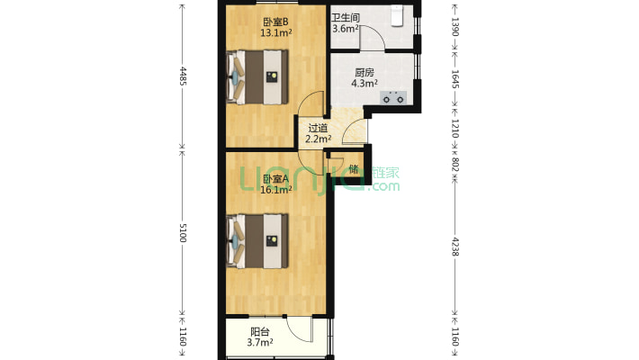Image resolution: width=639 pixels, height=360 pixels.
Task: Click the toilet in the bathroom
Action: pyautogui.click(x=397, y=16)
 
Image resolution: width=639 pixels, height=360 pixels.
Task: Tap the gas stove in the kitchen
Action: pyautogui.click(x=393, y=98)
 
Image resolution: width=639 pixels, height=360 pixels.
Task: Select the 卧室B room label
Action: pyautogui.click(x=276, y=22)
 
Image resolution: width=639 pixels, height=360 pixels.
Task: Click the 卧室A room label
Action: pyautogui.click(x=276, y=178)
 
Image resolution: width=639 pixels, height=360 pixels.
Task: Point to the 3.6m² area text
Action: pyautogui.click(x=346, y=29)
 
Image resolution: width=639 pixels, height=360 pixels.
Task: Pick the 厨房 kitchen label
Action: pyautogui.click(x=364, y=73)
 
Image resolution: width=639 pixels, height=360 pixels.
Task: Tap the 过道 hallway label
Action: pyautogui.click(x=318, y=128)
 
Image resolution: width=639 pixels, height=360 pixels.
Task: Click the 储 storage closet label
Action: pyautogui.click(x=354, y=169)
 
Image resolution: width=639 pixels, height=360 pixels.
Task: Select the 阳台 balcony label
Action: pyautogui.click(x=260, y=332)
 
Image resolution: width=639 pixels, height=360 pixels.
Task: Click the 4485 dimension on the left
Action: pyautogui.click(x=183, y=76)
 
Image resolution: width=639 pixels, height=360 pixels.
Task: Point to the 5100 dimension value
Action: pyautogui.click(x=183, y=233)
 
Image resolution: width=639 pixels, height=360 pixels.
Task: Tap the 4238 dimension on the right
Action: pyautogui.click(x=455, y=247)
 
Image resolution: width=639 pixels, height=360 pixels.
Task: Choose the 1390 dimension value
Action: pyautogui.click(x=455, y=27)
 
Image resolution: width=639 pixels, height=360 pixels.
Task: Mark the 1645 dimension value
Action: pyautogui.click(x=455, y=79)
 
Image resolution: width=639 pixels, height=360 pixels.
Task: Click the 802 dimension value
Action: pyautogui.click(x=455, y=164)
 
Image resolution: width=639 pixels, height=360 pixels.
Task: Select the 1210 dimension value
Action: pyautogui.click(x=455, y=129)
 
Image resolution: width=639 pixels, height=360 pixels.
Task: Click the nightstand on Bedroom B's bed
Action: pyautogui.click(x=272, y=77)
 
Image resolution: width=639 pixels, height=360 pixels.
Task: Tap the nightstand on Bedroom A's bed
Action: pyautogui.click(x=272, y=241)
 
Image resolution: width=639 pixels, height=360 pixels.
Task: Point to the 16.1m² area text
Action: pyautogui.click(x=276, y=189)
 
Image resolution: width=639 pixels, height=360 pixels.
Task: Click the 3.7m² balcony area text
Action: pyautogui.click(x=260, y=343)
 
